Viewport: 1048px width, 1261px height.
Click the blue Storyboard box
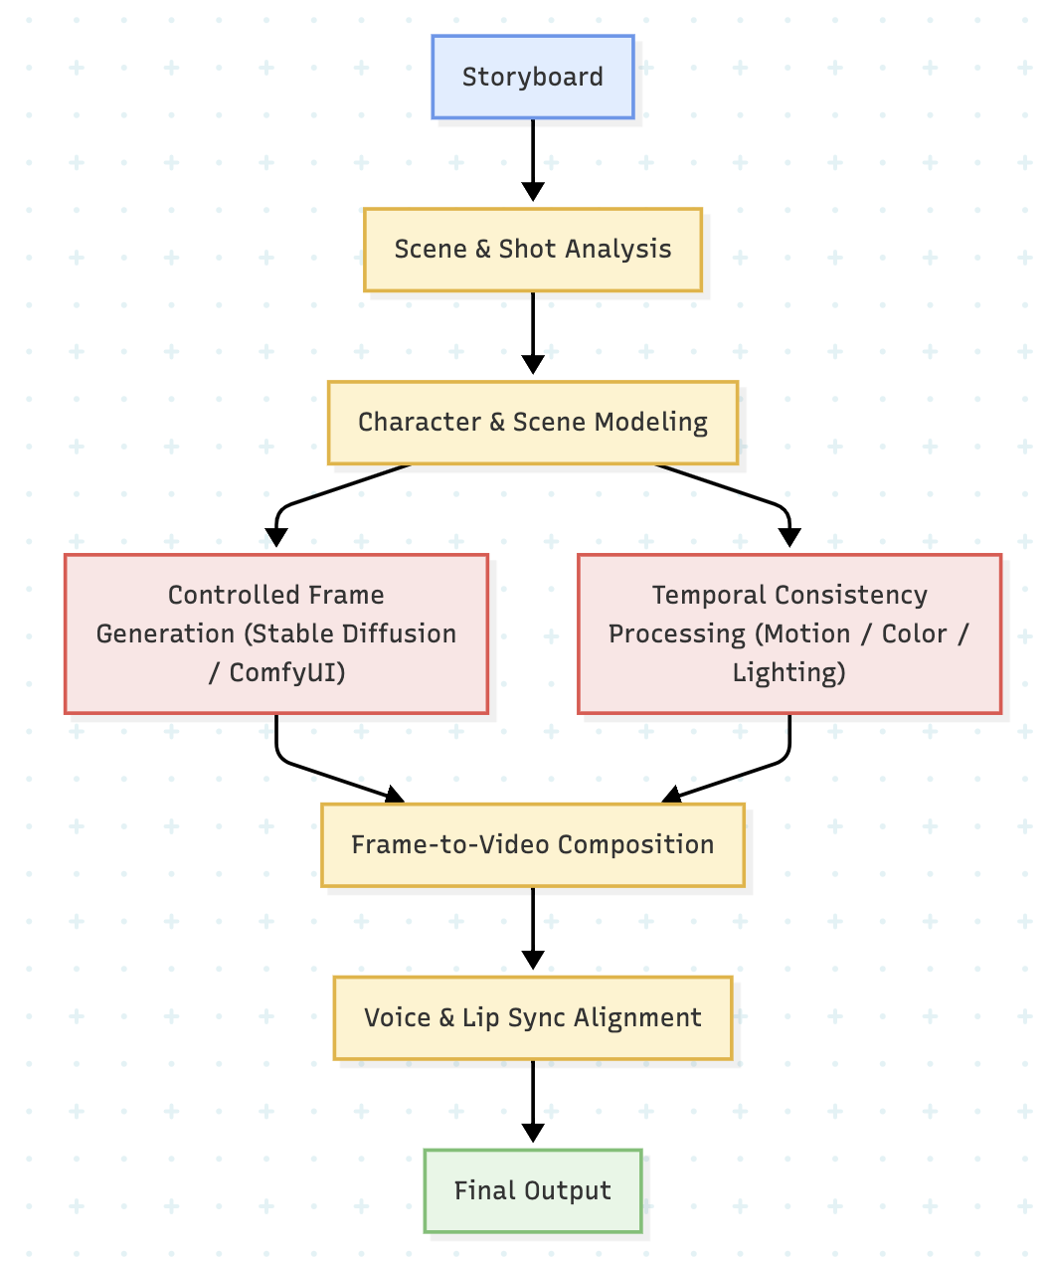pos(532,77)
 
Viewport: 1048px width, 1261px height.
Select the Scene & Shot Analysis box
pos(532,249)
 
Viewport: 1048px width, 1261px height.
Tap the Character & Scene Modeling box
pos(532,422)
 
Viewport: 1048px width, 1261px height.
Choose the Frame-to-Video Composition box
pos(532,844)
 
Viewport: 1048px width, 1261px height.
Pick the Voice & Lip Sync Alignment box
pos(532,1017)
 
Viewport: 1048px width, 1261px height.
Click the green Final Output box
pos(532,1190)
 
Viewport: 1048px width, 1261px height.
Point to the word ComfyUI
pos(286,673)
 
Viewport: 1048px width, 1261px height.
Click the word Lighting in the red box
pos(788,673)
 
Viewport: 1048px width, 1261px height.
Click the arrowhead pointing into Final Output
pos(533,1133)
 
